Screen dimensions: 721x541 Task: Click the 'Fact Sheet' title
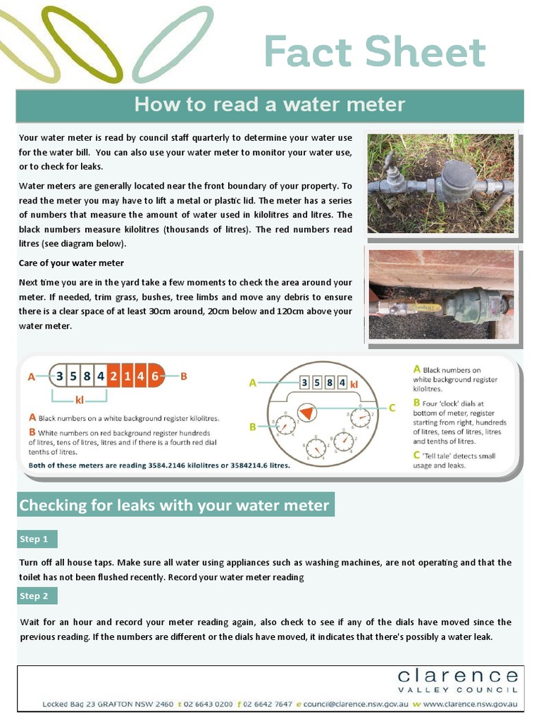(375, 52)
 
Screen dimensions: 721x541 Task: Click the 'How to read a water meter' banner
(270, 105)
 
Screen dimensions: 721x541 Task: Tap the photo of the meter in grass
(441, 183)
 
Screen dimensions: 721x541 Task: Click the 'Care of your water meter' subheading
(71, 263)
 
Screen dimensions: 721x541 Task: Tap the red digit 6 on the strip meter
(155, 376)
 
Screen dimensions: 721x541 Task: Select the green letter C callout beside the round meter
(392, 407)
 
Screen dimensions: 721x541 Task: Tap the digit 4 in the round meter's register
(342, 383)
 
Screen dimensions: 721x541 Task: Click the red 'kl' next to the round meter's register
(354, 384)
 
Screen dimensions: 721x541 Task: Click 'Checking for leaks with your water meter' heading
(174, 505)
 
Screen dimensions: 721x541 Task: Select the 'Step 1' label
(34, 539)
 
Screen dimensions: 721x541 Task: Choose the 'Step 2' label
(34, 596)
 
